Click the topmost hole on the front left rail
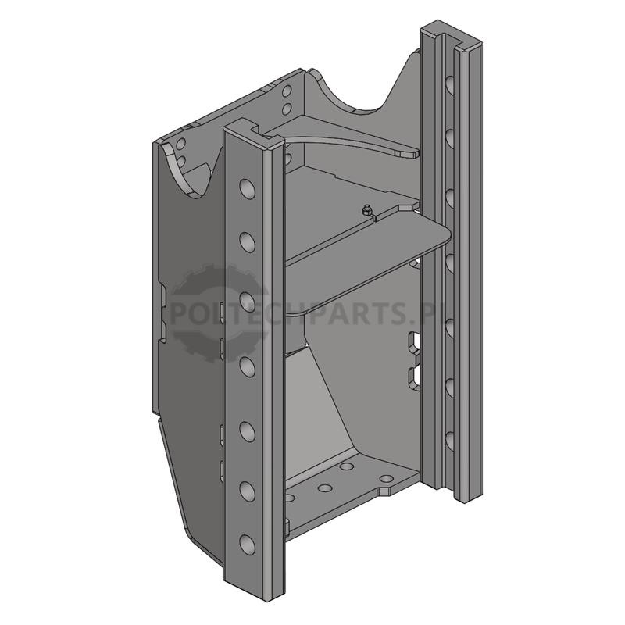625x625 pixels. tap(248, 189)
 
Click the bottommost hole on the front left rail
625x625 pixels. tap(248, 545)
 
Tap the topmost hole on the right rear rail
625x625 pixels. tap(450, 85)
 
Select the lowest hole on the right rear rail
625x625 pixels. tap(450, 441)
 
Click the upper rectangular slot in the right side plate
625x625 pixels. tap(413, 341)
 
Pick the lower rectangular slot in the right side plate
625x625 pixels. tap(413, 377)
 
